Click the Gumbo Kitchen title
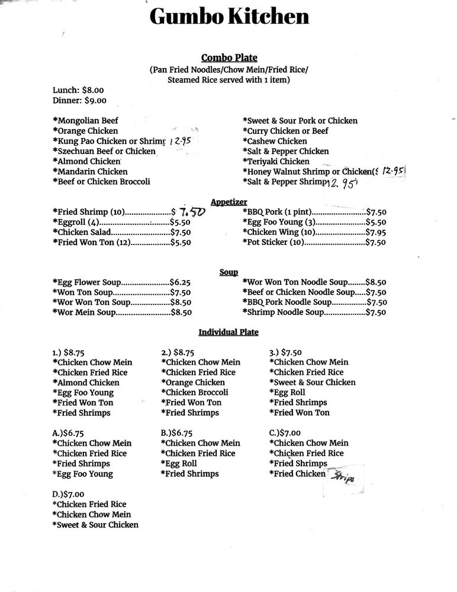229,16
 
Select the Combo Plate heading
229,57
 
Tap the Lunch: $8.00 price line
78,91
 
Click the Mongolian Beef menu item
86,121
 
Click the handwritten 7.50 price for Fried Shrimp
192,211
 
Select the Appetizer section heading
229,202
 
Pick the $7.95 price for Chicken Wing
376,232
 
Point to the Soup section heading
228,272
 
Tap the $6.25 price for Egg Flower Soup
180,282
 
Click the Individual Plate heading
228,332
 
